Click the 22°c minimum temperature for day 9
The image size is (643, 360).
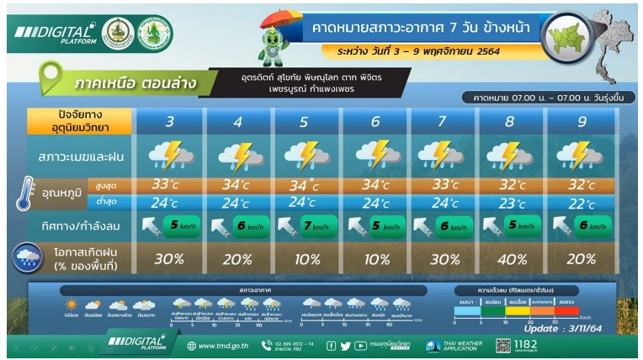pos(581,203)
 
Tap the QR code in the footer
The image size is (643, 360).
pos(503,345)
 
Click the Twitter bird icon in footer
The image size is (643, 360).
pos(345,346)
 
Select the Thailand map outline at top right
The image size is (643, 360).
pos(612,44)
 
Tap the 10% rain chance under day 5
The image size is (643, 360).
pos(307,258)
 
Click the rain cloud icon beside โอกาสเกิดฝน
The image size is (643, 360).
pos(29,257)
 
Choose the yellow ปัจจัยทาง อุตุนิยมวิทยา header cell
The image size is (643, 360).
pos(80,122)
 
